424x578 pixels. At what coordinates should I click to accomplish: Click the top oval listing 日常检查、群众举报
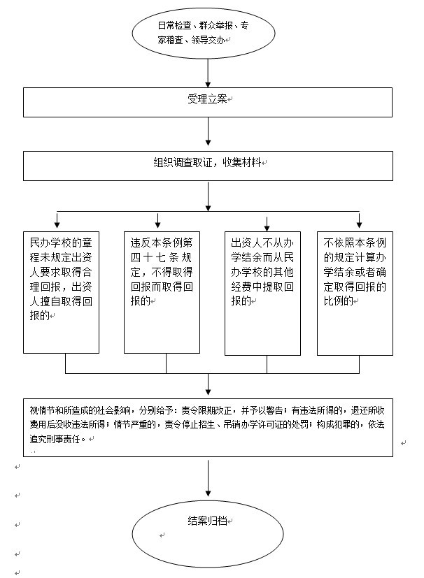pos(204,33)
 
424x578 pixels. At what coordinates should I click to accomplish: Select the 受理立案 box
pos(208,102)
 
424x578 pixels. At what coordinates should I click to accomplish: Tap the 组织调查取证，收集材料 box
pos(208,166)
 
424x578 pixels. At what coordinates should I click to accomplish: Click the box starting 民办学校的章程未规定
pos(62,292)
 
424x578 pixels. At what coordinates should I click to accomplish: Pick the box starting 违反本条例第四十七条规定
pos(162,292)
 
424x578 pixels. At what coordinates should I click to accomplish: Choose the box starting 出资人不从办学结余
pos(263,294)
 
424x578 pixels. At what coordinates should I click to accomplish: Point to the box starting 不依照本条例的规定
pos(355,294)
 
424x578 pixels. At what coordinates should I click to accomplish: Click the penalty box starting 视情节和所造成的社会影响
pos(208,428)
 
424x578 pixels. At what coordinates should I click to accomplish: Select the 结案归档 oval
pos(208,534)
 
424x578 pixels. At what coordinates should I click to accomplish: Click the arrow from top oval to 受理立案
pos(208,73)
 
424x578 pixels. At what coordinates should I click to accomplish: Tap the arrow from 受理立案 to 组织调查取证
pos(208,131)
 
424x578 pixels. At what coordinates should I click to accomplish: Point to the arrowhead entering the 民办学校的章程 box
pos(57,225)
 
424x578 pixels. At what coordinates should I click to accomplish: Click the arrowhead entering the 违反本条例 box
pos(158,225)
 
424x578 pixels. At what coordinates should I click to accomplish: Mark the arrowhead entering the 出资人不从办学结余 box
pos(267,228)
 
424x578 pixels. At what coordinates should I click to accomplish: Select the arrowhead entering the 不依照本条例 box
pos(360,225)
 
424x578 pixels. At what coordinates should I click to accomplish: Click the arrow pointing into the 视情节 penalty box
pos(208,384)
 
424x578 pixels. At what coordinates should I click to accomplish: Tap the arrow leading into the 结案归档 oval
pos(208,478)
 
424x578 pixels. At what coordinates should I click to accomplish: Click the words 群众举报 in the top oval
pos(216,25)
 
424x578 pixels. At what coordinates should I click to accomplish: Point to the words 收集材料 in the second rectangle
pos(242,162)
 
